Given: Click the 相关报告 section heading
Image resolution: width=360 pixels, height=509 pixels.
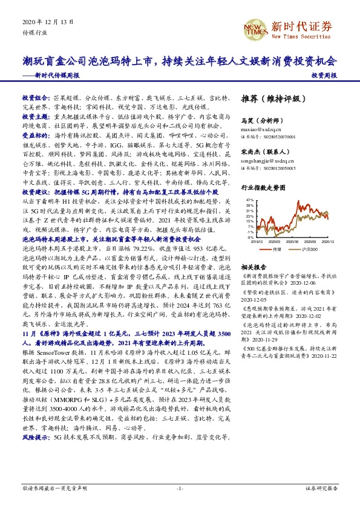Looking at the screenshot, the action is click(x=250, y=267).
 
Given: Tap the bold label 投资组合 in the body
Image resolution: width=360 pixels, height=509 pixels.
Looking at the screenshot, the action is click(x=34, y=97).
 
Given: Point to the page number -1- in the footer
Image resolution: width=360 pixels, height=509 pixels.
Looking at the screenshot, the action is click(x=180, y=488).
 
